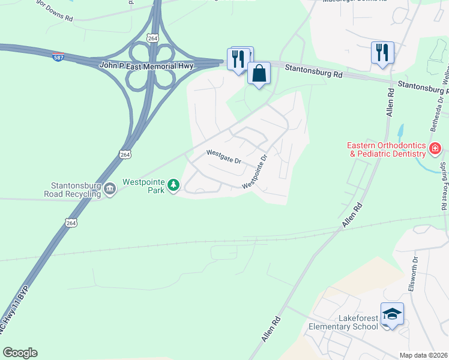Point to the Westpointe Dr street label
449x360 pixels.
[255, 173]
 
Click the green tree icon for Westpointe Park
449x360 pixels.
[173, 185]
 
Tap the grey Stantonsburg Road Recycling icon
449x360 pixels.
[110, 190]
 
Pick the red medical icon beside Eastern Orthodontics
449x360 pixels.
[435, 148]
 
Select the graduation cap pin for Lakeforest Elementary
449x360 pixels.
[392, 314]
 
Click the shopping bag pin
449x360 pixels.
[259, 74]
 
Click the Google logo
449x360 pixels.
[20, 353]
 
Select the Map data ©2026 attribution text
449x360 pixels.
[423, 355]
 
